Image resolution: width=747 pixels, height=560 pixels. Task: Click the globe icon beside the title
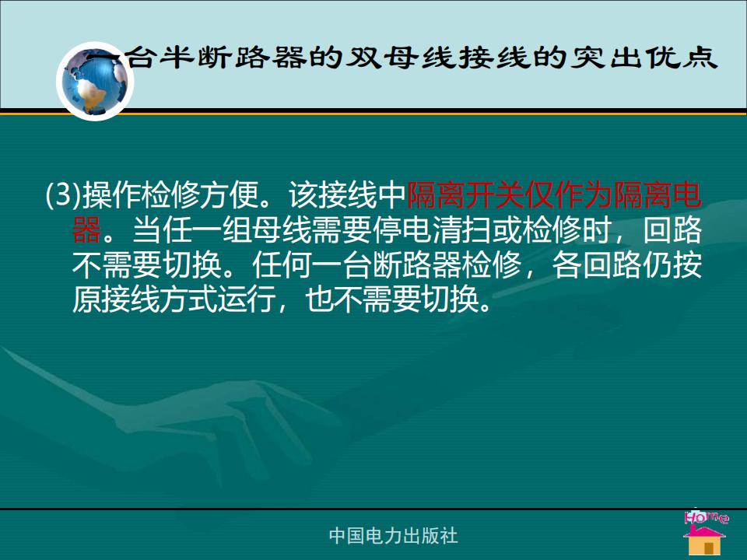95,82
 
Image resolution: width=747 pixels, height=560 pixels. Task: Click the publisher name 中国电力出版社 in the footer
393,536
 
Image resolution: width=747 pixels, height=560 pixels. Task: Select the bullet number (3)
63,194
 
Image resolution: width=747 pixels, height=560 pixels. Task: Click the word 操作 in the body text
111,194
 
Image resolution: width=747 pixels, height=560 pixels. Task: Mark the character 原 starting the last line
87,300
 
